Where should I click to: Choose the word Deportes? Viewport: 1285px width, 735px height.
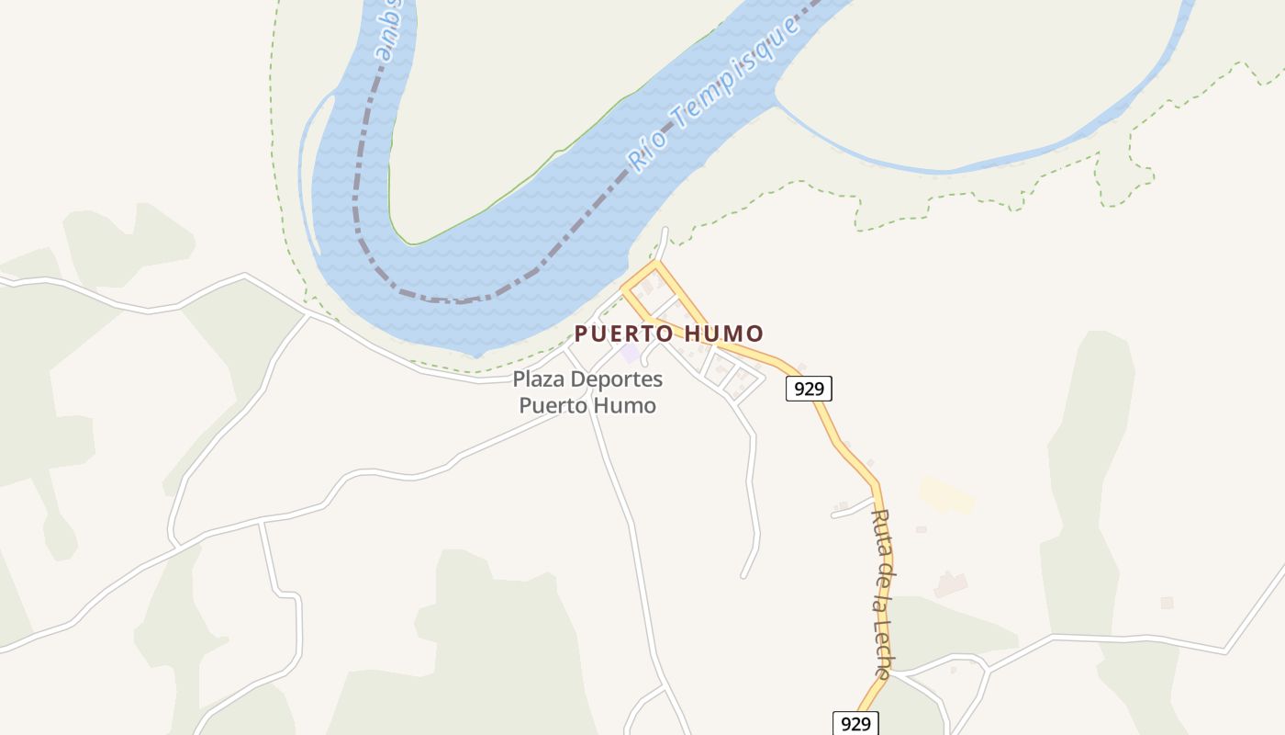tap(616, 379)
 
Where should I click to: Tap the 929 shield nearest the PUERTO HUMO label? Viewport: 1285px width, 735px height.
tap(809, 389)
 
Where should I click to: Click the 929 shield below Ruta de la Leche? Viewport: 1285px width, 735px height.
tap(855, 724)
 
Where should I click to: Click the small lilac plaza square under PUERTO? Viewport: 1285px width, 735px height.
tap(630, 354)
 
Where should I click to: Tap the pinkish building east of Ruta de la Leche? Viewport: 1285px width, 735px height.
tap(950, 583)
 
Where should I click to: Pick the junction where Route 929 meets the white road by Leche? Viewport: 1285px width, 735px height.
tap(888, 674)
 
